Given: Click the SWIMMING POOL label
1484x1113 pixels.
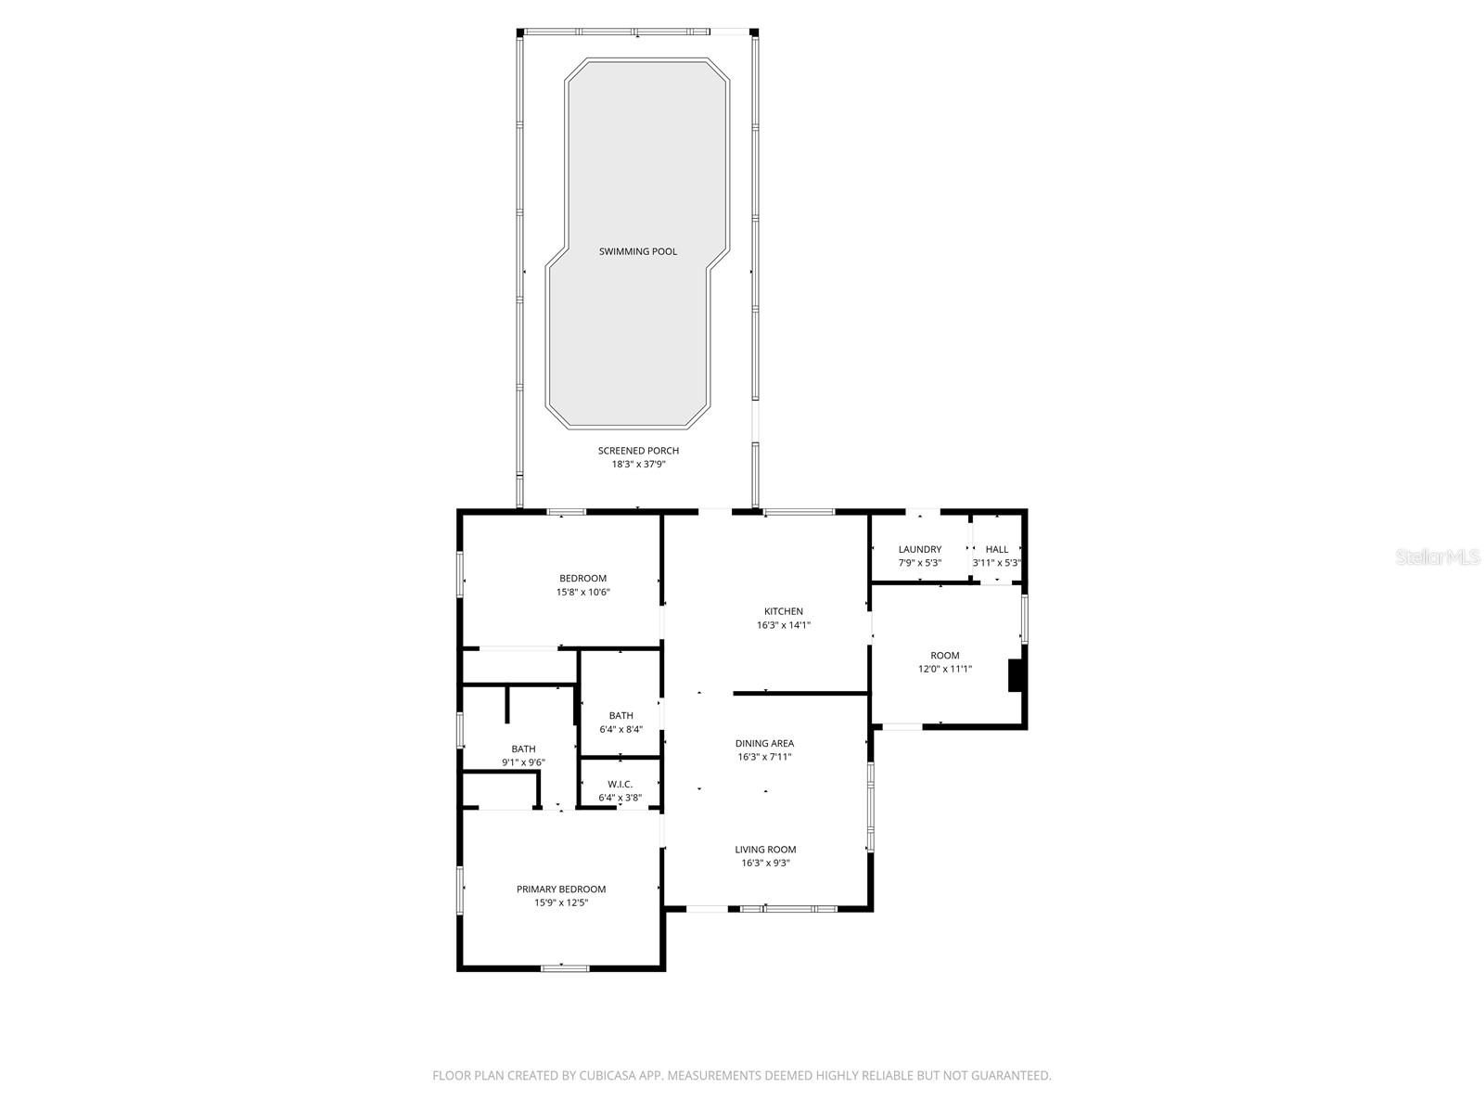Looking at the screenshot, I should [x=638, y=251].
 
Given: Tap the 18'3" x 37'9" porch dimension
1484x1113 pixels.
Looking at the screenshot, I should [x=638, y=465].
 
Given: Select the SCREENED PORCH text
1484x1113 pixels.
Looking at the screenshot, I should [x=638, y=451].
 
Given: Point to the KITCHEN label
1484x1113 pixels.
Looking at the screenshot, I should [x=784, y=611].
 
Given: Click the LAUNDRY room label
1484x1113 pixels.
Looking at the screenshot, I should [x=920, y=549].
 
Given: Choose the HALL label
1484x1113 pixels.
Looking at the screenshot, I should [x=997, y=549].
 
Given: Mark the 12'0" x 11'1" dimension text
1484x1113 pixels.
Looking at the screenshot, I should [x=945, y=669].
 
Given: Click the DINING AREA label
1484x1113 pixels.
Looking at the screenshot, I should [x=765, y=743].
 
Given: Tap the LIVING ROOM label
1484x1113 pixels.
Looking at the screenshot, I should [x=765, y=850].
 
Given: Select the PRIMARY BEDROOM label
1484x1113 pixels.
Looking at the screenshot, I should [x=561, y=889].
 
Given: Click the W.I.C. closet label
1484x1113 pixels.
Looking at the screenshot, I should [x=620, y=784].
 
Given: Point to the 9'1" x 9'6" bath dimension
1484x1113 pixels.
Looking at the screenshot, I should [x=523, y=762].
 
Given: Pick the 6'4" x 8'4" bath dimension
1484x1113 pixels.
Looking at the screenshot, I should [x=620, y=729].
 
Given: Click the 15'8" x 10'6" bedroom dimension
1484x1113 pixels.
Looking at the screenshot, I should [x=583, y=592].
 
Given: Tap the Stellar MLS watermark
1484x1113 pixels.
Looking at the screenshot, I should [x=1437, y=556].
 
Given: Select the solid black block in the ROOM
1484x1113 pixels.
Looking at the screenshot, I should [x=1017, y=674].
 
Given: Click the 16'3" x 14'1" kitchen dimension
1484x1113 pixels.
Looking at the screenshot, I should [x=784, y=625].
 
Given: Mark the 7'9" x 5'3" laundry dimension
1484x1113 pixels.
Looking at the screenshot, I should [x=920, y=563].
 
